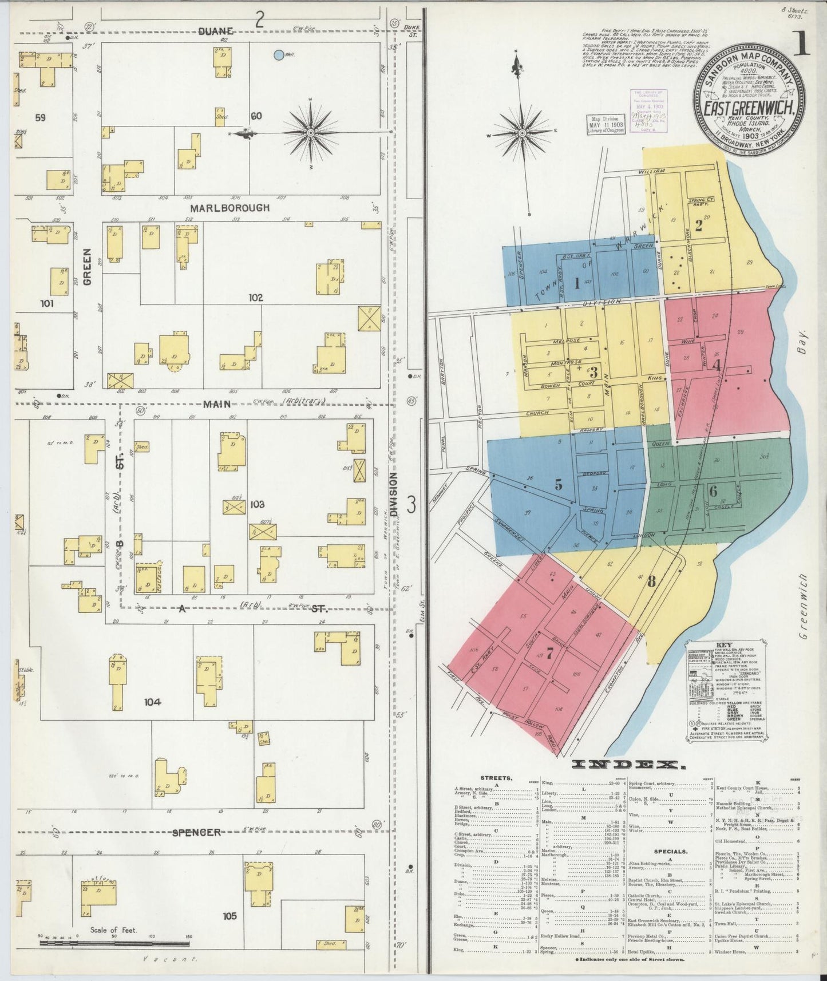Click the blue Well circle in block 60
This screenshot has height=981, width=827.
tap(278, 56)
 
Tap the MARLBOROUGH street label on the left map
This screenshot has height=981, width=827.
tap(230, 208)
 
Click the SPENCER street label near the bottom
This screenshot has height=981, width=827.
tap(196, 832)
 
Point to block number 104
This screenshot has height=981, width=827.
tap(153, 702)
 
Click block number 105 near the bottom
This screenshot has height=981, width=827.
tap(229, 916)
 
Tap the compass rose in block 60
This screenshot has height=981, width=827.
tap(310, 133)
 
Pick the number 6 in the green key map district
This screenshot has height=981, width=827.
tap(713, 491)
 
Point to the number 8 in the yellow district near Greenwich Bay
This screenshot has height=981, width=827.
tap(651, 582)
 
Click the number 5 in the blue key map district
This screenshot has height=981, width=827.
tap(559, 484)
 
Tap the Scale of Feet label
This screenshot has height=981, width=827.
tap(113, 930)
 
